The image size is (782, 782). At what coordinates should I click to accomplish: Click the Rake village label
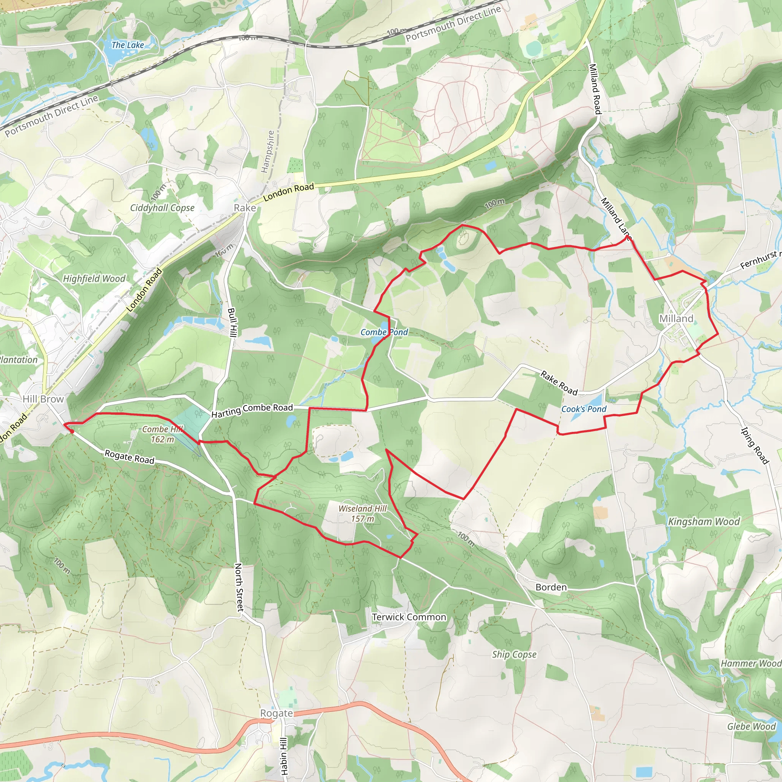point(245,208)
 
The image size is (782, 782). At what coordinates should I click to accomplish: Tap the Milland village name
point(676,318)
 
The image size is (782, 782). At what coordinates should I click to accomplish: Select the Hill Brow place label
point(43,399)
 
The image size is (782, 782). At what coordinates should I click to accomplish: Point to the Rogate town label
point(276,713)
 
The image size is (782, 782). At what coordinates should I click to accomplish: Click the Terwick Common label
point(409,617)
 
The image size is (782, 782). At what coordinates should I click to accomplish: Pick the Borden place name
point(551,587)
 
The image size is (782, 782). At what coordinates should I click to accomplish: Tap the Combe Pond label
point(384,332)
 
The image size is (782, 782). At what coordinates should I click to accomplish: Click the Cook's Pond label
point(584,409)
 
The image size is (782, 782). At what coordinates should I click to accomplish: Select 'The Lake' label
point(128,45)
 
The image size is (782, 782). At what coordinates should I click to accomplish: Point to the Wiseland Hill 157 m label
point(363,513)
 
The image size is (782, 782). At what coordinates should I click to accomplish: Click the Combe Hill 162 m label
point(163,434)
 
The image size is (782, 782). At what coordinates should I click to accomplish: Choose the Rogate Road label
point(129,457)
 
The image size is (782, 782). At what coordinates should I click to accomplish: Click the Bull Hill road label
point(232,323)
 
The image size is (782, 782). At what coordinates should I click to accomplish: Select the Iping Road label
point(755,445)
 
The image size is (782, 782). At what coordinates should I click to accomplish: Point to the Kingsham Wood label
point(704,522)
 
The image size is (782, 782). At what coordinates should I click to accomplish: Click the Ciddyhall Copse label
point(162,208)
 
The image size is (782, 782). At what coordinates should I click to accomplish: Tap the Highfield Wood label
point(94,279)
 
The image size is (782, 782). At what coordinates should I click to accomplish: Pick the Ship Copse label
point(514,654)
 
